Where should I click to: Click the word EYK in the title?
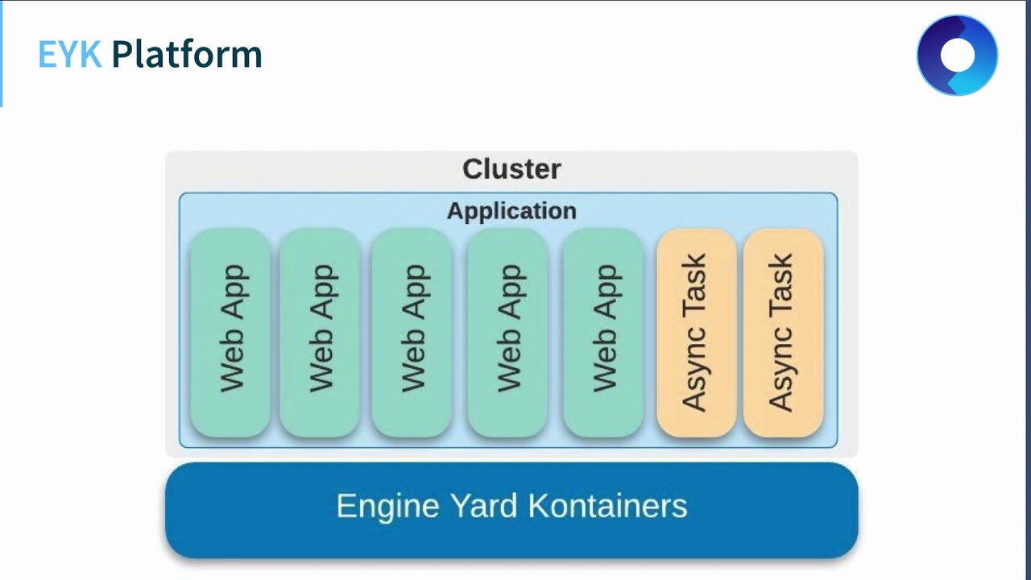[x=69, y=55]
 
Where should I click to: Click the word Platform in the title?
[x=187, y=55]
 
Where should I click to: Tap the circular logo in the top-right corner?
[x=957, y=56]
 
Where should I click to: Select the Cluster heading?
[x=511, y=169]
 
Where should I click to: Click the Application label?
[x=511, y=211]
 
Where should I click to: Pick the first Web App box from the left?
[x=230, y=332]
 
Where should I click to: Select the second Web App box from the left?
[x=320, y=332]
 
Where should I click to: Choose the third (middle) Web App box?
[x=412, y=332]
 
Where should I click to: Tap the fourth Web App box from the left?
[x=507, y=332]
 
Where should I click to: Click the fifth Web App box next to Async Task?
[x=603, y=332]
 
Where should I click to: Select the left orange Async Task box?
[x=696, y=332]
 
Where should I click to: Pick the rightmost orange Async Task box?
[x=783, y=332]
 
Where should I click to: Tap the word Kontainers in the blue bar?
[x=608, y=507]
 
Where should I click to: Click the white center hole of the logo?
[x=957, y=56]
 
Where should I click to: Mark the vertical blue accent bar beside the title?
[x=2, y=54]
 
